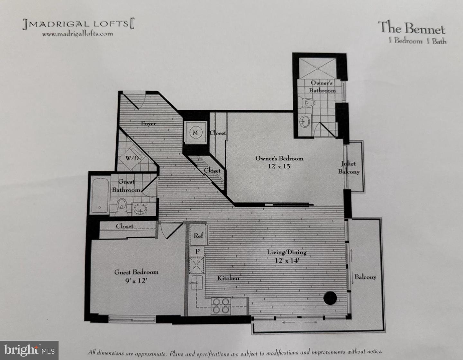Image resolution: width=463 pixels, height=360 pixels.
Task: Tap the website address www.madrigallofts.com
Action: pos(77,33)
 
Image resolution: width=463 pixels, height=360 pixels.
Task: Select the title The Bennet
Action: pos(411,28)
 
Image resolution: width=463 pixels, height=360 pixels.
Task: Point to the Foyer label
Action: pos(148,123)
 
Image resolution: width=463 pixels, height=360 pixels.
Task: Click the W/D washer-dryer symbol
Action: pos(132,158)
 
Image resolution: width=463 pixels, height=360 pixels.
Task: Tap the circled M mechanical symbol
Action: pos(195,133)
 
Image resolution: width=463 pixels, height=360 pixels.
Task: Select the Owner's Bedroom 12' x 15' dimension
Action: pos(279,166)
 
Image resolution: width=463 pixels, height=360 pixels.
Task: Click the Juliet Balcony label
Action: pos(349,168)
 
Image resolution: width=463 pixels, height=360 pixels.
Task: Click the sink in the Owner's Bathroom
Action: pos(304,121)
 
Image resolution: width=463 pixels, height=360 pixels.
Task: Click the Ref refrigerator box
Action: pos(198,235)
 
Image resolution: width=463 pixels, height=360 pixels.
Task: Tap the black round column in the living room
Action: pos(330,298)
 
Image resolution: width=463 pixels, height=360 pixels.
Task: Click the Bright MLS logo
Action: pos(29,350)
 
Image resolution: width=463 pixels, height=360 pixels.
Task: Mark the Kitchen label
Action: pos(228,278)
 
